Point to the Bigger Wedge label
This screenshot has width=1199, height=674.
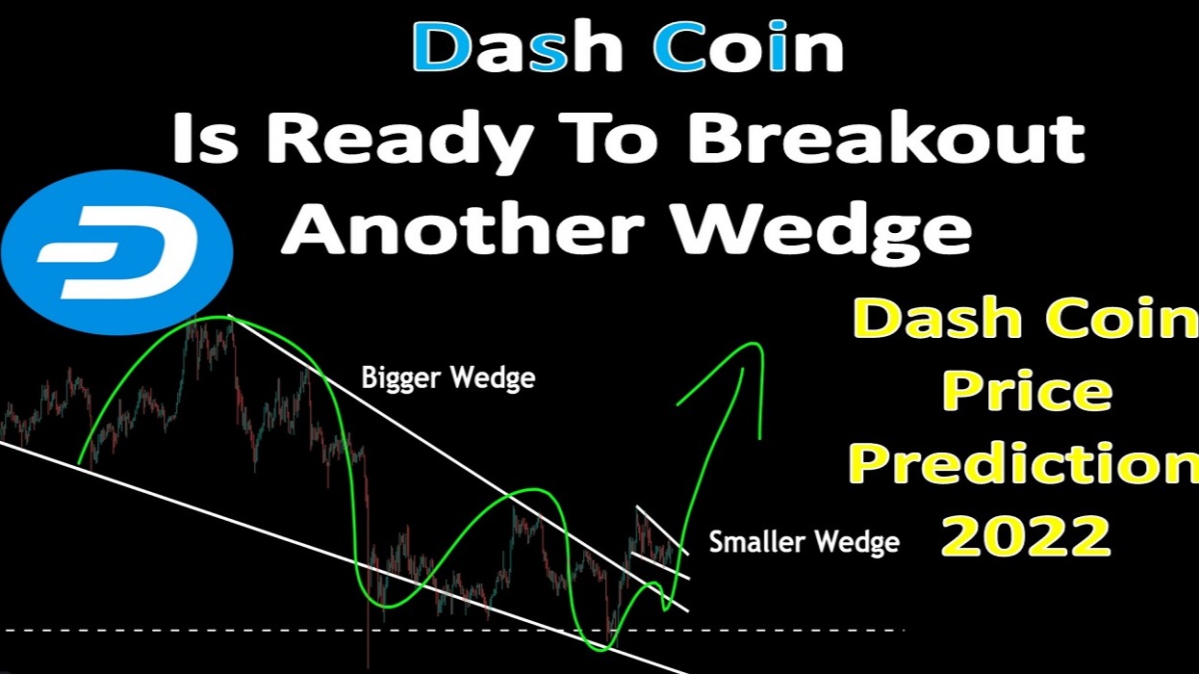point(447,378)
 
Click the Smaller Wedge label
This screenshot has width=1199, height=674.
point(804,543)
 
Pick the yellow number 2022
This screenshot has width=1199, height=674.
point(1025,535)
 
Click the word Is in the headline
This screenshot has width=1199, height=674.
point(206,139)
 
